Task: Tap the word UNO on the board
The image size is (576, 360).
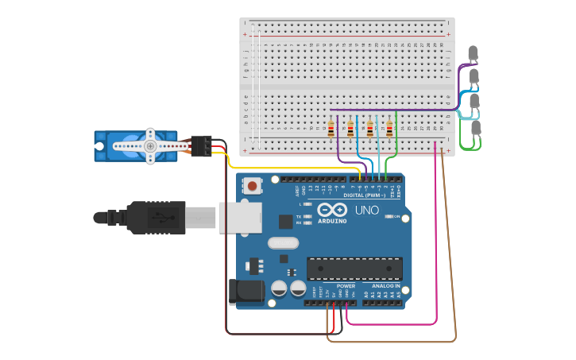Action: pos(366,211)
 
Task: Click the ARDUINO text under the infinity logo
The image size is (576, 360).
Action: pos(332,220)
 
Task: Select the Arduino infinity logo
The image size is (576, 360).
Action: pos(332,209)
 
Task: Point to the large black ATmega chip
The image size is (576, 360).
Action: pos(354,269)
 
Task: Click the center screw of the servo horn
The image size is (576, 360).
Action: pos(149,146)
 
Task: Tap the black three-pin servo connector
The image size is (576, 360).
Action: pos(201,145)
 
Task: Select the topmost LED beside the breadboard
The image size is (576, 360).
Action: pos(474,54)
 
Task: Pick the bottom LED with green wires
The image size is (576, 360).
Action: pos(476,127)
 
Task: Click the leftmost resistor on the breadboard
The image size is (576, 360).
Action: pos(331,128)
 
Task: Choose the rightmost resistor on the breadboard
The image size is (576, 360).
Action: pos(389,128)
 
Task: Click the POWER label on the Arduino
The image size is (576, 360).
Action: pos(346,286)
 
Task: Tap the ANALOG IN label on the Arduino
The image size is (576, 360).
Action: pos(384,286)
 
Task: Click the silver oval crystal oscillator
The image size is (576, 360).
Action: pos(284,243)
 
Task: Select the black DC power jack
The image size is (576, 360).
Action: pos(246,292)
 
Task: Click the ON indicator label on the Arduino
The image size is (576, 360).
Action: pos(396,216)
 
